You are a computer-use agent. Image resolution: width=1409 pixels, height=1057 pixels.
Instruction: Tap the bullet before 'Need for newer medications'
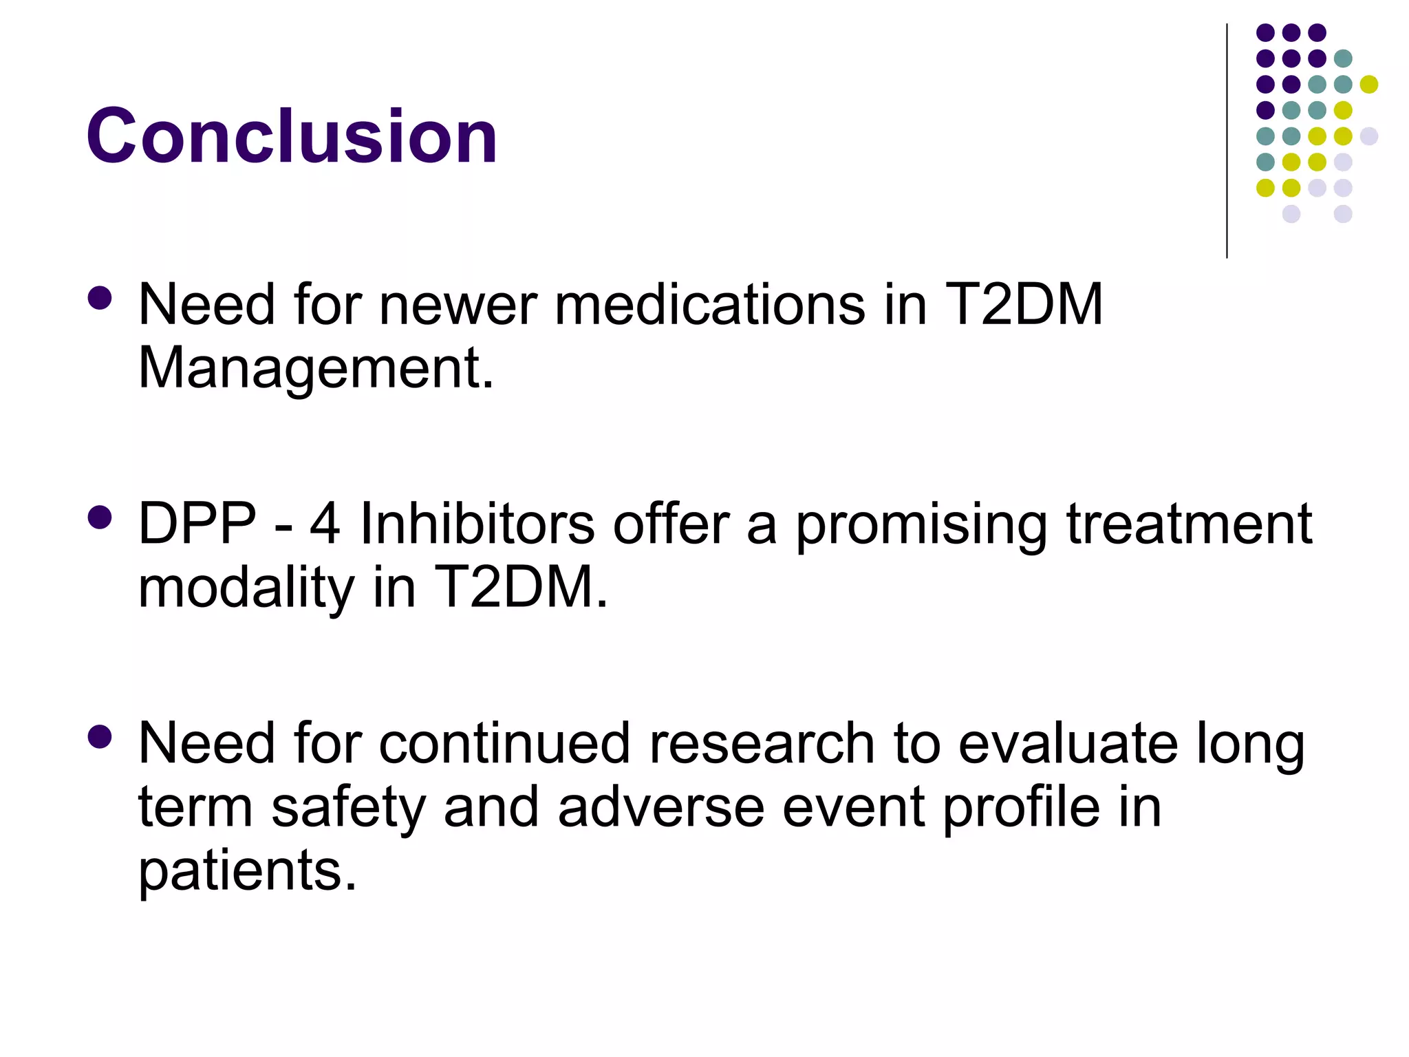coord(100,298)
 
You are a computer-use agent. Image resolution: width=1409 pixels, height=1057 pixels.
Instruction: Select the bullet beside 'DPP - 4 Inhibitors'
coord(100,517)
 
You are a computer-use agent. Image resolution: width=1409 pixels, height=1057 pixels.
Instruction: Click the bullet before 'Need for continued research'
coord(100,737)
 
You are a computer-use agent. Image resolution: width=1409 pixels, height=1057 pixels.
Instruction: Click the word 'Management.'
coord(316,369)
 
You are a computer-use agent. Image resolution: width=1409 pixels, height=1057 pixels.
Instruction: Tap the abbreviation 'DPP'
coord(197,524)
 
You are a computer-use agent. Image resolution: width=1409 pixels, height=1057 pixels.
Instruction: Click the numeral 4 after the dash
coord(325,524)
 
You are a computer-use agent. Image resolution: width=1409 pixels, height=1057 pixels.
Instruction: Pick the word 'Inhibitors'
coord(477,524)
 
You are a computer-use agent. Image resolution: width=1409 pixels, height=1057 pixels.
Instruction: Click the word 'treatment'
coord(1190,524)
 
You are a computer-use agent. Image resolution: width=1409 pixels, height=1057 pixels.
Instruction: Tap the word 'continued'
coord(504,744)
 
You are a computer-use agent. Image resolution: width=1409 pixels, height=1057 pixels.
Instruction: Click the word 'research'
coord(762,744)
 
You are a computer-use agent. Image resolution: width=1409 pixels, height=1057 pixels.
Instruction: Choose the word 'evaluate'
coord(1068,744)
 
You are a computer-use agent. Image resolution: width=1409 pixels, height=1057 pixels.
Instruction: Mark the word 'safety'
coord(349,808)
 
